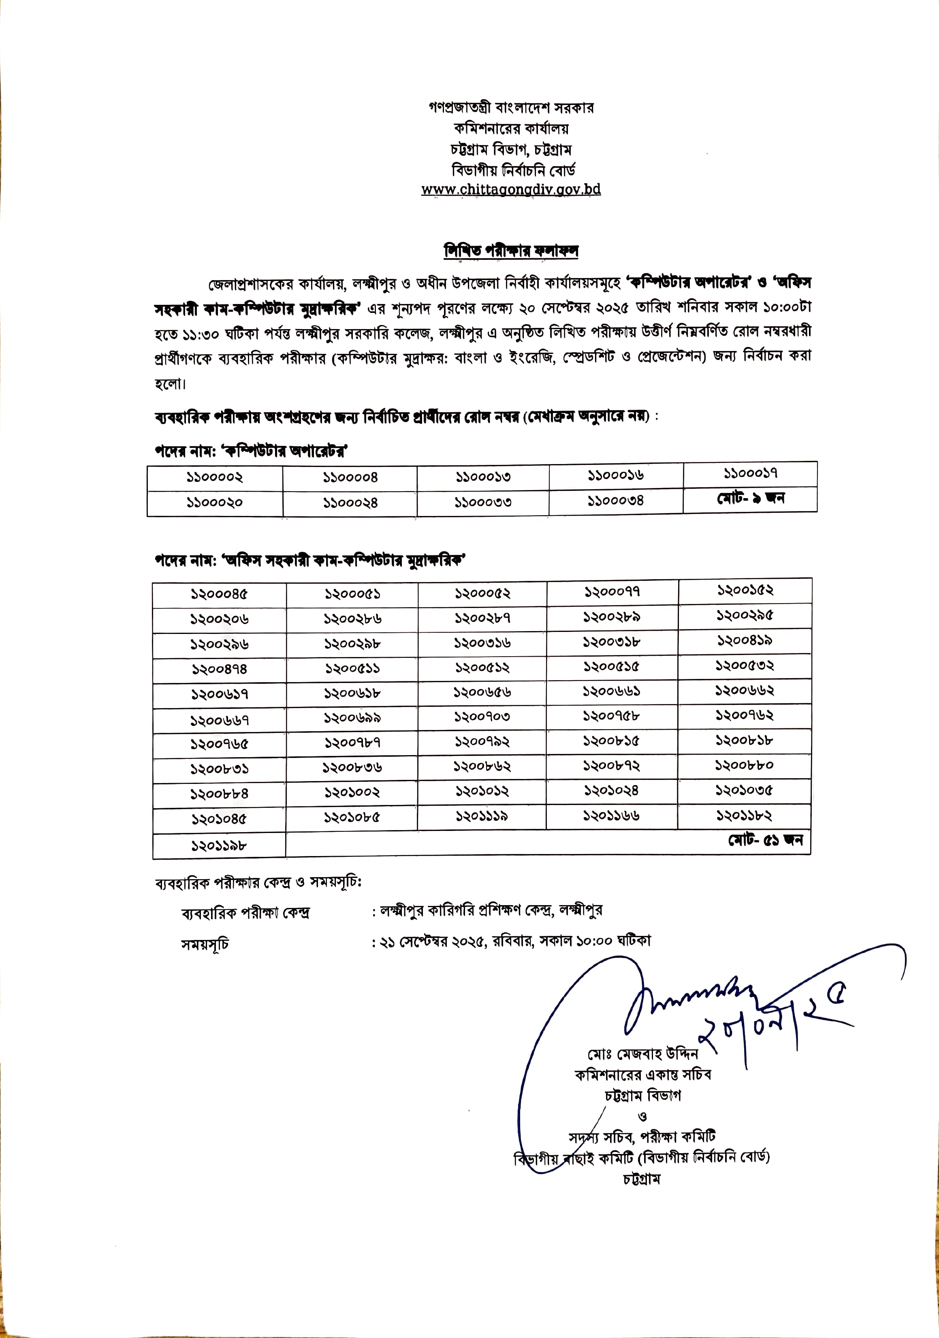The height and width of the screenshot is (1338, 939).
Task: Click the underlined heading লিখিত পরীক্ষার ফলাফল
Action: coord(511,250)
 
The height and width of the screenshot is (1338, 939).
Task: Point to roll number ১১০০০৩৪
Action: coord(616,501)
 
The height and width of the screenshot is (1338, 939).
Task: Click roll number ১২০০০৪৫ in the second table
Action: coord(219,594)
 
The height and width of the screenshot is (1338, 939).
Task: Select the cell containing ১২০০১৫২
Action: coord(745,590)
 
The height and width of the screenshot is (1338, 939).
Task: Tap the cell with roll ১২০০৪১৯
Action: coord(745,640)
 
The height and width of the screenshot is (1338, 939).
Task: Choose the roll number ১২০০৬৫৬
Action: coord(482,692)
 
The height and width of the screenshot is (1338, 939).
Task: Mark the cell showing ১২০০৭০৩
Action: coord(482,717)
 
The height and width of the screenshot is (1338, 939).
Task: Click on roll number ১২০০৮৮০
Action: coord(745,765)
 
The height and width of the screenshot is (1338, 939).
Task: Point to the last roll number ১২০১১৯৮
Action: coord(219,846)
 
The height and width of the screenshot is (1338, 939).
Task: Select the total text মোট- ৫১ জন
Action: coord(765,840)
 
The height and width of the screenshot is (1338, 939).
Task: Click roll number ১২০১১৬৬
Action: coord(612,816)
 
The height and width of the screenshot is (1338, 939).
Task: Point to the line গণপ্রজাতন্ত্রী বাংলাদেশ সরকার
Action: coord(511,108)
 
